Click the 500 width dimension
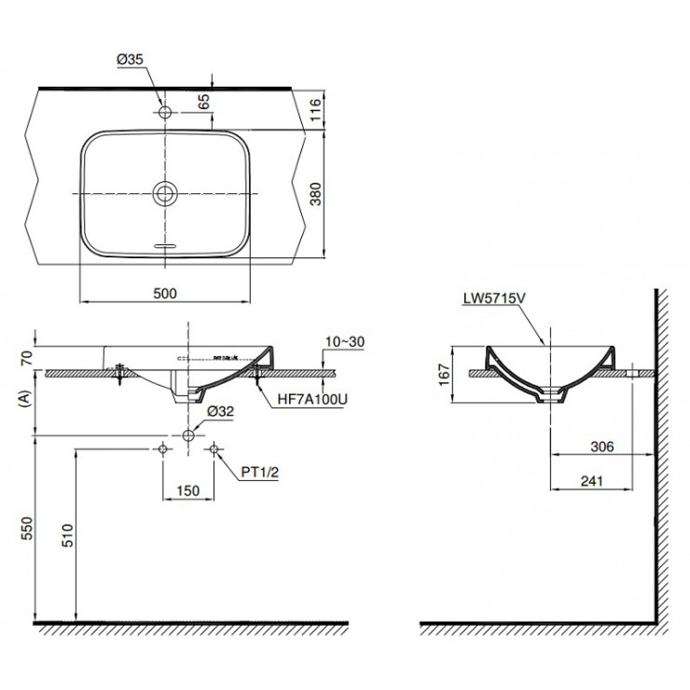[x=165, y=293]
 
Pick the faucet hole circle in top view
[x=165, y=113]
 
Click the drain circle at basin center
[x=165, y=193]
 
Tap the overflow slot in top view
[x=165, y=245]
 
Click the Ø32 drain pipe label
[x=220, y=411]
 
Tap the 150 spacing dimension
[x=188, y=490]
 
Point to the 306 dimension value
[x=602, y=447]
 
